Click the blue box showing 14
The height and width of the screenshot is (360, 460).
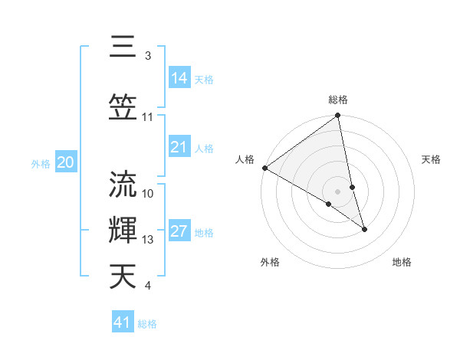(x=179, y=78)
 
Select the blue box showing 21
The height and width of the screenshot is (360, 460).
(x=179, y=147)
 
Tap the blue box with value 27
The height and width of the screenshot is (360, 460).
(x=179, y=232)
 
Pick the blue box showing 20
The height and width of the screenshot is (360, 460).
(x=66, y=162)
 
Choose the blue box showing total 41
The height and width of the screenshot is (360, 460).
(x=123, y=322)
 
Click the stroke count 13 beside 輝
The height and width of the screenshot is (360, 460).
(x=148, y=240)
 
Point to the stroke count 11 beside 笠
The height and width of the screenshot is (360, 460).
(x=148, y=117)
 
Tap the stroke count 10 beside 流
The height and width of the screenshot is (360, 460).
(x=148, y=193)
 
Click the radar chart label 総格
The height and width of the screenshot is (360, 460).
(x=338, y=100)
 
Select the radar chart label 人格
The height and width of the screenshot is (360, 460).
(x=245, y=159)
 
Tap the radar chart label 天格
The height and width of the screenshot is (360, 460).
(x=431, y=159)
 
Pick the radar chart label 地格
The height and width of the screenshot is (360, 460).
(x=402, y=262)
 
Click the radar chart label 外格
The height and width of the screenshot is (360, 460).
(x=270, y=262)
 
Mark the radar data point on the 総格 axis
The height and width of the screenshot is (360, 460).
(x=338, y=116)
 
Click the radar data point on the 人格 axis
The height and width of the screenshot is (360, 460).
(x=264, y=168)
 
